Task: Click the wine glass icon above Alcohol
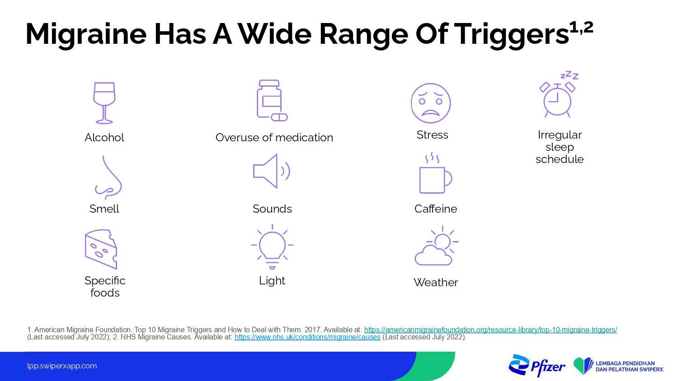[x=104, y=103]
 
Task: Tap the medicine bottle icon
[x=272, y=100]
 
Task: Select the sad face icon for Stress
[x=431, y=103]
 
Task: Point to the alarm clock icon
[x=557, y=100]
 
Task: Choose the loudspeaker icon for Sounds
[x=272, y=171]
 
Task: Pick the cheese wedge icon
[x=101, y=249]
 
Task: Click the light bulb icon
[x=272, y=247]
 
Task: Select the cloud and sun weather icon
[x=436, y=246]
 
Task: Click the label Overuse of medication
[x=274, y=138]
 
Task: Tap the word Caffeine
[x=436, y=209]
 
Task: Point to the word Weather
[x=436, y=283]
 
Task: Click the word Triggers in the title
[x=511, y=34]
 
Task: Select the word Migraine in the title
[x=86, y=34]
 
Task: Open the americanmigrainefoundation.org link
[x=490, y=330]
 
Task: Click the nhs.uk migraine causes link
[x=307, y=337]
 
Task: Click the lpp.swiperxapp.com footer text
[x=62, y=366]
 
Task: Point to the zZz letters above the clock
[x=570, y=75]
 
